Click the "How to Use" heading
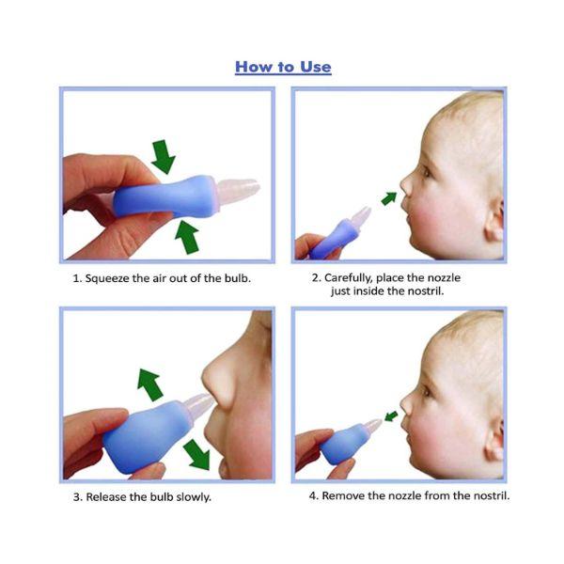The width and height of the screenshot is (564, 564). pyautogui.click(x=282, y=67)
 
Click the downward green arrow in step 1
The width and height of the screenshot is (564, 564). pyautogui.click(x=164, y=156)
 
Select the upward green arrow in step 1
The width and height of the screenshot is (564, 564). pyautogui.click(x=188, y=237)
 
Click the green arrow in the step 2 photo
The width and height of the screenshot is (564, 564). pyautogui.click(x=389, y=197)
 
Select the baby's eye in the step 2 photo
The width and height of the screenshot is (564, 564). pyautogui.click(x=425, y=172)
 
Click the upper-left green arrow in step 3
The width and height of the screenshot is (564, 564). pyautogui.click(x=149, y=384)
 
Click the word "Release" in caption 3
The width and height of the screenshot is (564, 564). pyautogui.click(x=110, y=496)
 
